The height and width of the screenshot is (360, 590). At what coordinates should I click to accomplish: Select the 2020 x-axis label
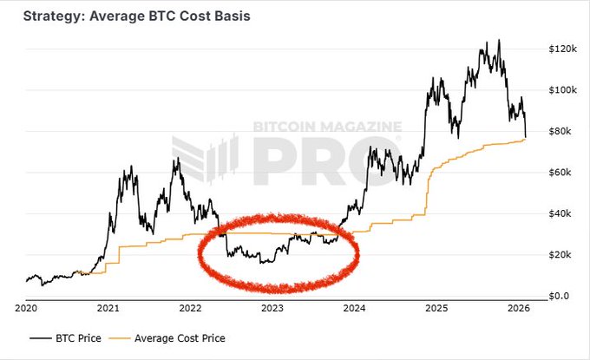click(27, 308)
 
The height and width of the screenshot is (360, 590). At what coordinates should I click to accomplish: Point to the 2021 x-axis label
click(108, 308)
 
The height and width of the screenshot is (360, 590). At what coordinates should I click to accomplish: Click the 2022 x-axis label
click(190, 308)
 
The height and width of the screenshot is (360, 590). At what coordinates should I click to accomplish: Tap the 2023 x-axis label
click(272, 308)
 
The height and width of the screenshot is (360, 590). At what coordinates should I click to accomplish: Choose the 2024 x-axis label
click(353, 308)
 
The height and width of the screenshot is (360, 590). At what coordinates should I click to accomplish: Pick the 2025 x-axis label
click(436, 308)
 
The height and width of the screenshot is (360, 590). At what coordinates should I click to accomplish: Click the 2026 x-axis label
click(517, 308)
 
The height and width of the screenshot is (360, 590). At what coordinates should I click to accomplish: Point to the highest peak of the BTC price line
click(498, 41)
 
